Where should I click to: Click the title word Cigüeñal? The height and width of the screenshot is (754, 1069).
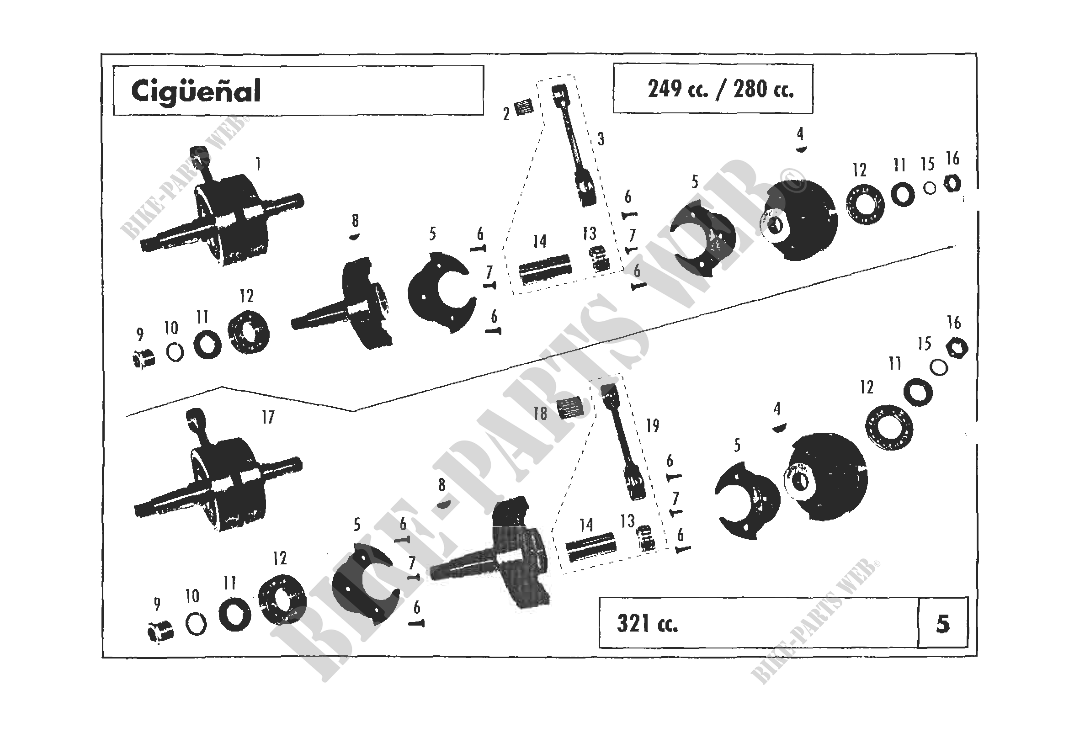196,91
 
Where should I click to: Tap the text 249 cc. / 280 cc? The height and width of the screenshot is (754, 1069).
720,89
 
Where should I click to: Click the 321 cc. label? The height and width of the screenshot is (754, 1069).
647,624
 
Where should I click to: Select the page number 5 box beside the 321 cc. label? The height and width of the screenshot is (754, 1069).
942,624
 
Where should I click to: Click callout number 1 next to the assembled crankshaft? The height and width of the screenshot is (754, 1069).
258,164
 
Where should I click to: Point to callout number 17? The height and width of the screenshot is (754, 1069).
268,418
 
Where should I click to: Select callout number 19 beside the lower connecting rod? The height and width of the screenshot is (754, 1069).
653,425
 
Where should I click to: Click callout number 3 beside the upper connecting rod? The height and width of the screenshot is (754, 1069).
601,139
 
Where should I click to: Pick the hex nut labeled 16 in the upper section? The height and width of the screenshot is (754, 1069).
952,185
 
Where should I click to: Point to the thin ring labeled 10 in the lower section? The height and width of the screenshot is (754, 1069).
196,624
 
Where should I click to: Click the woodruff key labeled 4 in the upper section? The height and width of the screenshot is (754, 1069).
801,149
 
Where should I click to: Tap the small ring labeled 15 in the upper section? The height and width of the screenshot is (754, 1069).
929,188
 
